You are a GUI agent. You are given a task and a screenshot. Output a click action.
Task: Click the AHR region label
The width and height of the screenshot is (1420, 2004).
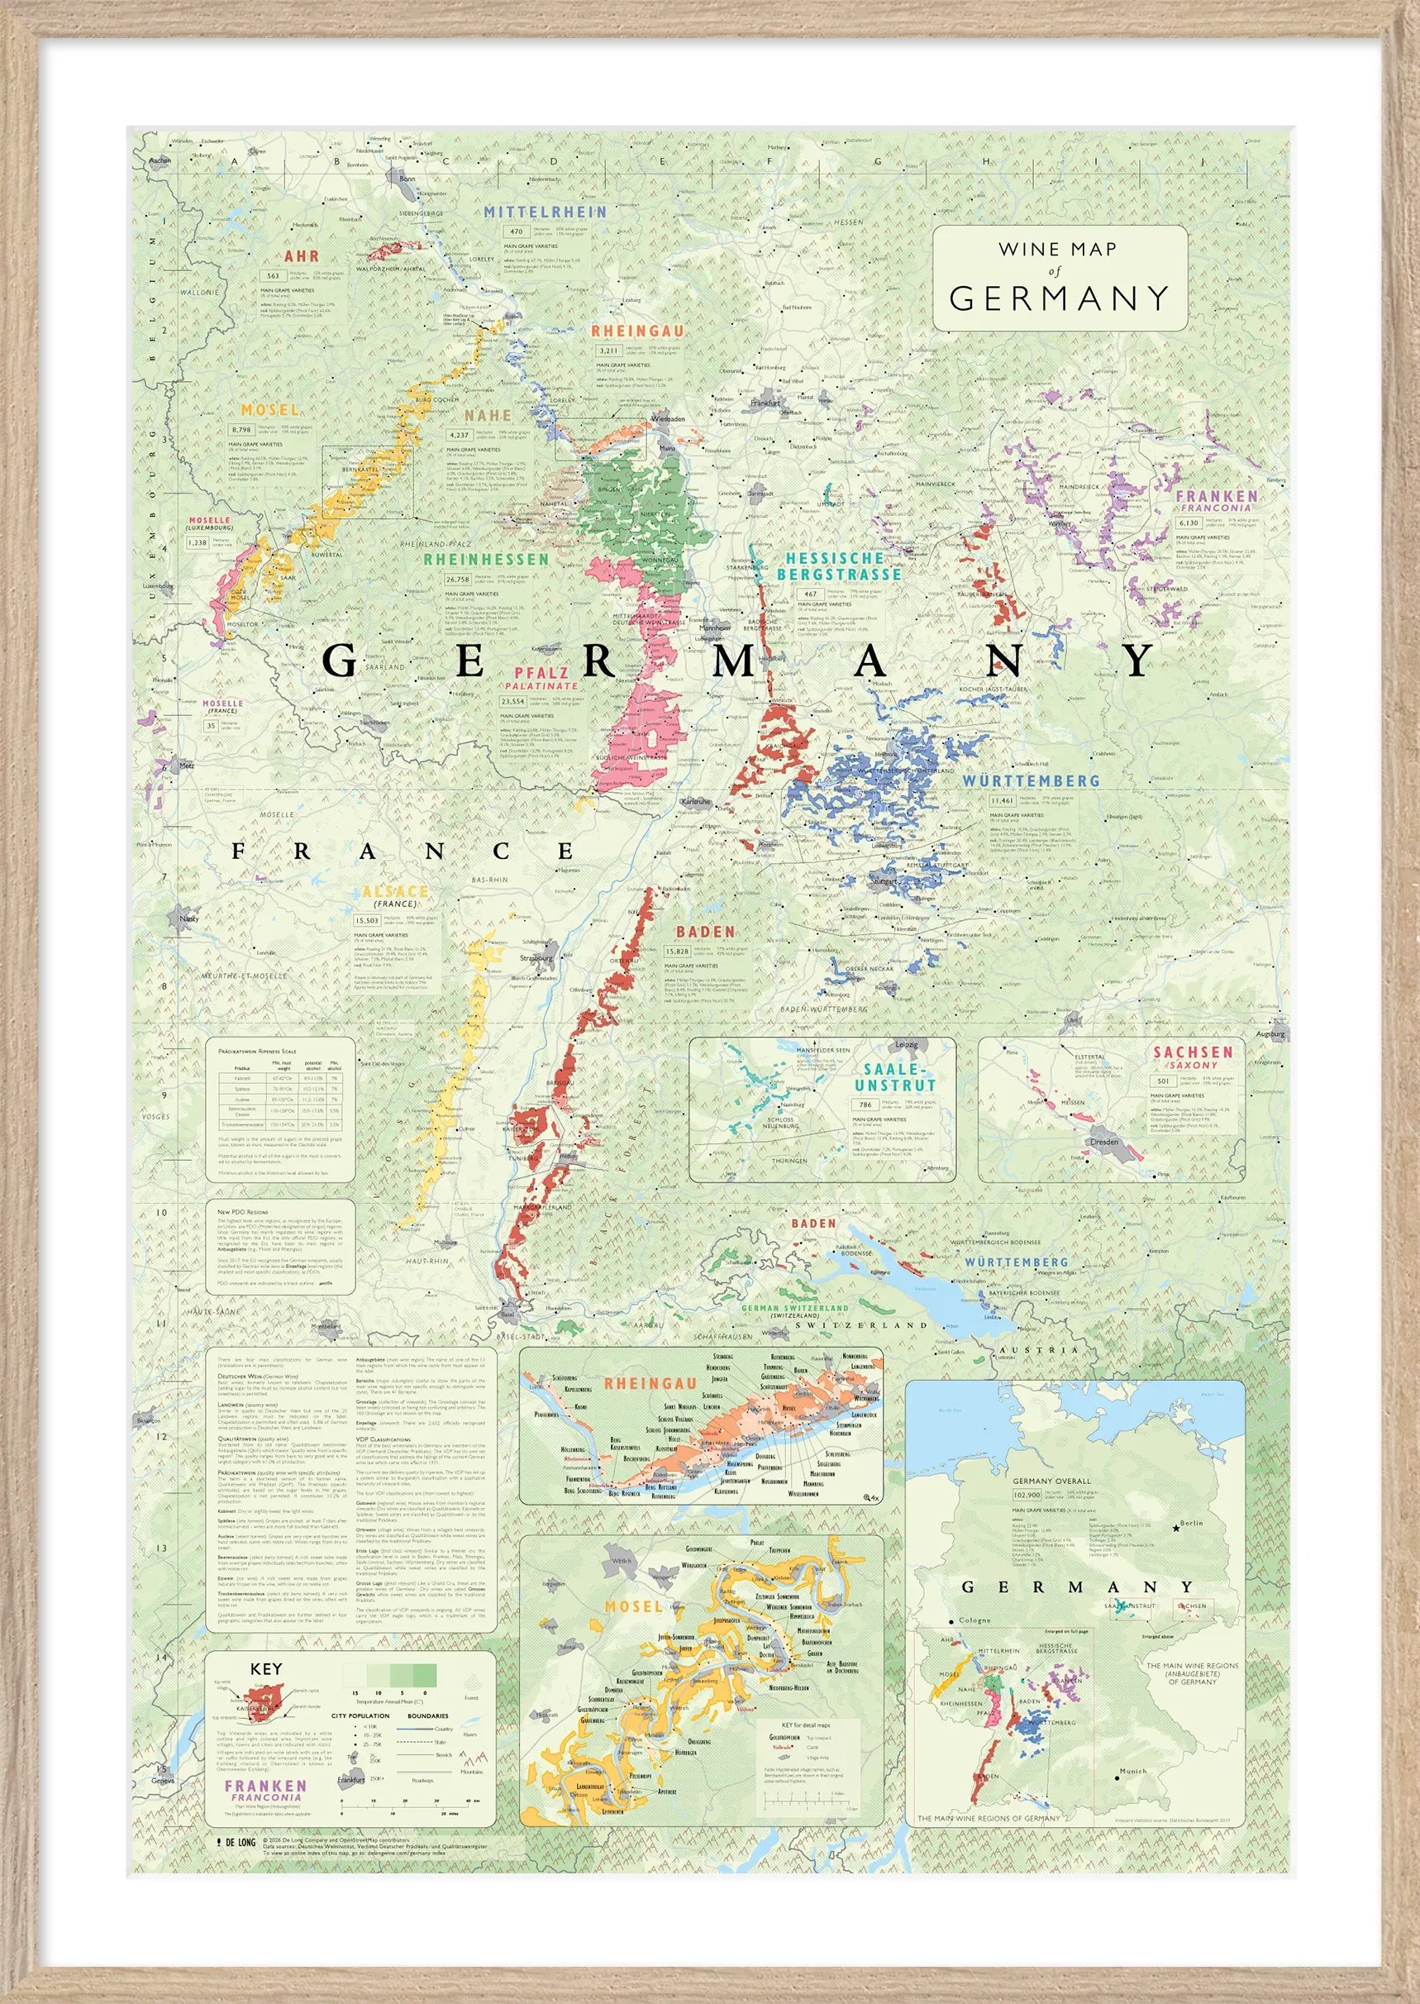tap(301, 257)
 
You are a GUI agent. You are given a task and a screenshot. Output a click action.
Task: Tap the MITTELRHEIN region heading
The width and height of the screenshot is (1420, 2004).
tap(545, 212)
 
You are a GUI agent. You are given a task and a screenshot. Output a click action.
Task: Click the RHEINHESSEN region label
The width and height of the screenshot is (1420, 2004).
tap(486, 559)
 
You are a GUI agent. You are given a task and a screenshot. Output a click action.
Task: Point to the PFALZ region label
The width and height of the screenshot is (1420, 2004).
tap(541, 673)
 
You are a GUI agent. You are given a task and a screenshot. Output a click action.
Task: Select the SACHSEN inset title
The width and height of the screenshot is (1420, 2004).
tap(1192, 1052)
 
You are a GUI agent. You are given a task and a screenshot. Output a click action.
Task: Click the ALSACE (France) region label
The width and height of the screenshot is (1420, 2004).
tap(396, 892)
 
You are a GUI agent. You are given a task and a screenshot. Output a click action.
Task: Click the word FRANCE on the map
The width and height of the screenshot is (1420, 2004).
tap(403, 851)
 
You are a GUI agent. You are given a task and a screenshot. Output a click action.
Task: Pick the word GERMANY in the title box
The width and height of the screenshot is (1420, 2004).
tap(1059, 299)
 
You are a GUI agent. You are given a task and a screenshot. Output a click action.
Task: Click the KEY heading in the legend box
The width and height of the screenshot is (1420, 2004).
tap(266, 1668)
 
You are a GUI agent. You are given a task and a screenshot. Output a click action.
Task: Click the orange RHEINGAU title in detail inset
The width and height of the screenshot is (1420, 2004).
tap(650, 1383)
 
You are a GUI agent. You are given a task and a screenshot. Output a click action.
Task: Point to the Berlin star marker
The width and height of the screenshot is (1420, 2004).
tap(1175, 1528)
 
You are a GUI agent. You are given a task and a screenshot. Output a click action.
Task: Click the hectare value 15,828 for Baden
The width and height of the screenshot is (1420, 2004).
tap(678, 952)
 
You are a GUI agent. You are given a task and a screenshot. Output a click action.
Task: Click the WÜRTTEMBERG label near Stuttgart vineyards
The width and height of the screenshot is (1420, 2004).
tap(1031, 780)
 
